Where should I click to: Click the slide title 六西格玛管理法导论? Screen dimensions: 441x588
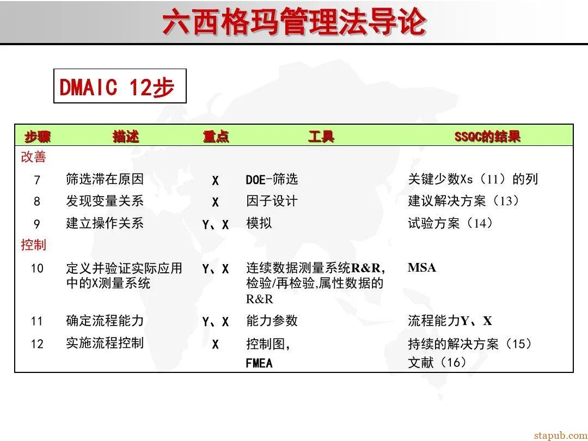click(x=294, y=23)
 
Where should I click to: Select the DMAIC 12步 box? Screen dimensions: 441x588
click(x=120, y=87)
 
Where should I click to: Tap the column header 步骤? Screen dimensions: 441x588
click(x=38, y=136)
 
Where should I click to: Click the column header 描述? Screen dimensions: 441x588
click(x=126, y=136)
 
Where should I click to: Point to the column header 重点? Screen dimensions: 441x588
click(x=216, y=136)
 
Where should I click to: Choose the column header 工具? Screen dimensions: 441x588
click(x=321, y=136)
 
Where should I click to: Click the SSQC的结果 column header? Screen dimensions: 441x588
click(x=487, y=136)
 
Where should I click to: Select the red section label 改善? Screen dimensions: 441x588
click(x=34, y=157)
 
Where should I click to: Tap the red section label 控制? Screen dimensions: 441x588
click(x=34, y=245)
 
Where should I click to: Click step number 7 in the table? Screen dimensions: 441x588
click(x=37, y=180)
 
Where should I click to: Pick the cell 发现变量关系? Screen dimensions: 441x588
click(x=105, y=201)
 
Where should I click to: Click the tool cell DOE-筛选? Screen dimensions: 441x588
click(x=272, y=180)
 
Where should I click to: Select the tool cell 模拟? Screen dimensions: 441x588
click(x=259, y=223)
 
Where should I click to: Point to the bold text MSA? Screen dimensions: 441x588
click(x=422, y=268)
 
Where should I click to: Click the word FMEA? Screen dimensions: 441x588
click(x=259, y=363)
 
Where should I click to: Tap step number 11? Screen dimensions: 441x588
click(x=37, y=321)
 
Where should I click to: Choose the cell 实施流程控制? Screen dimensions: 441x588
click(x=105, y=343)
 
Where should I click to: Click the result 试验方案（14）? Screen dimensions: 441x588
click(x=451, y=223)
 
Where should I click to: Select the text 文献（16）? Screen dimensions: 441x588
click(x=438, y=363)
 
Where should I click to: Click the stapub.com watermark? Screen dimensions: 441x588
click(x=560, y=435)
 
